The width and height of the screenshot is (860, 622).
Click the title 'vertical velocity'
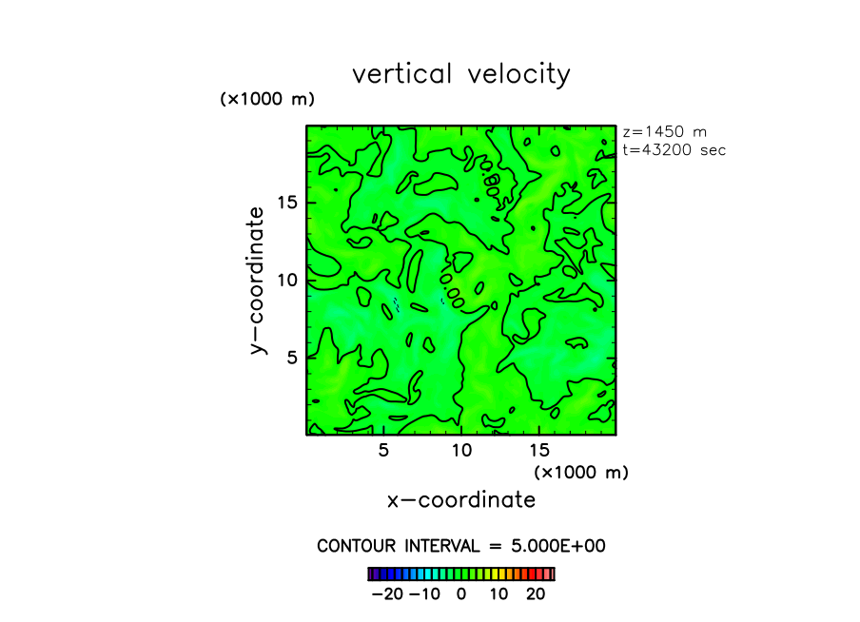click(x=461, y=74)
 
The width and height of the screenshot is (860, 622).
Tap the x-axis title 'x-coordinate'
click(x=461, y=500)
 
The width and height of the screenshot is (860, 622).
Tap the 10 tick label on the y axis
click(x=288, y=280)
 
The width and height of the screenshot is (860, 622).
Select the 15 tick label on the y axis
click(x=288, y=202)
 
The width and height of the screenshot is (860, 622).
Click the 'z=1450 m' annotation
click(x=664, y=132)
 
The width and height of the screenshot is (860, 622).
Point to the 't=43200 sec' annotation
click(x=674, y=150)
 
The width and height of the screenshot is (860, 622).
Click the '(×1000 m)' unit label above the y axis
click(x=267, y=99)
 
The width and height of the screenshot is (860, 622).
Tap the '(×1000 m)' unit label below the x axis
click(x=581, y=472)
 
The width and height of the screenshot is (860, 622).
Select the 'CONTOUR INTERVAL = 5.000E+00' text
click(x=461, y=546)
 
